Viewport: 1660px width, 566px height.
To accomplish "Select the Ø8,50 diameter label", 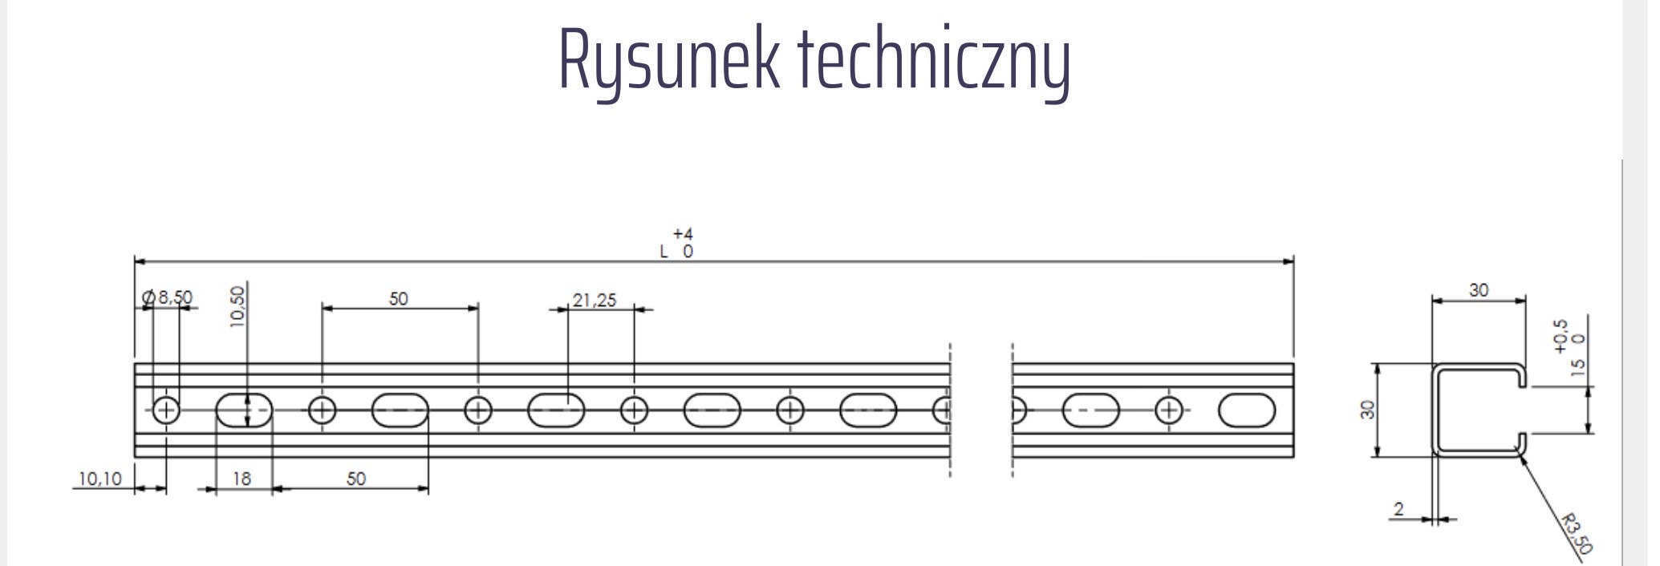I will tap(168, 297).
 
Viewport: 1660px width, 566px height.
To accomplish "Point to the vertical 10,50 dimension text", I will tap(237, 306).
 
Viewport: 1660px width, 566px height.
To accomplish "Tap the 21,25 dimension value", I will tap(595, 300).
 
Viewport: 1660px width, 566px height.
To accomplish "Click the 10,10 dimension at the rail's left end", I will tap(99, 479).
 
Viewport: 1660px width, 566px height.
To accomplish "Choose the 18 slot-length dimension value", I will tap(241, 479).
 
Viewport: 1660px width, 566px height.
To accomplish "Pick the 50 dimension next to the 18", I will tap(355, 479).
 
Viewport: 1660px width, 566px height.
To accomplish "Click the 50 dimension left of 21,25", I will tap(398, 299).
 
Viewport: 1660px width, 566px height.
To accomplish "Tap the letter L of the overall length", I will tap(664, 251).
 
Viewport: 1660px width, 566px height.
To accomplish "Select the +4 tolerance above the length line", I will tap(683, 234).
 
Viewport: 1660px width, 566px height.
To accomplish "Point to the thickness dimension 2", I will tap(1399, 508).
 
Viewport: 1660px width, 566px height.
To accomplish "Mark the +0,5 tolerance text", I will tap(1561, 336).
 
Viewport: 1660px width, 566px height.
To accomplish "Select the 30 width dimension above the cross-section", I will tap(1479, 289).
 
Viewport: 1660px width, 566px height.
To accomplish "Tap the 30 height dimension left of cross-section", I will tap(1369, 410).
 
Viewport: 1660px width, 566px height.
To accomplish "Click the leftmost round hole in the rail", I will tap(166, 410).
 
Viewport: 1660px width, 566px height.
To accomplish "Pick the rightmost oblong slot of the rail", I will tap(1246, 410).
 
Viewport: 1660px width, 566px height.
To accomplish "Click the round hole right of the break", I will tap(1168, 410).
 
